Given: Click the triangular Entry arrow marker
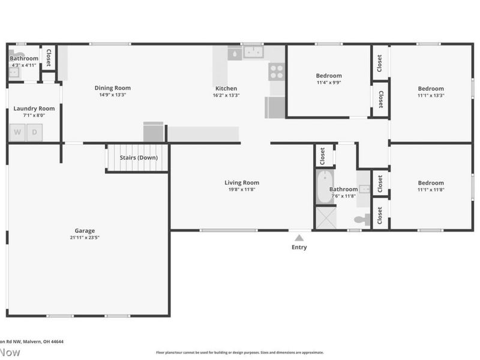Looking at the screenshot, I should point(299,238).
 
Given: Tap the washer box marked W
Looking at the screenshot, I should point(17,132).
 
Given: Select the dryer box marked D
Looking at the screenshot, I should point(35,132).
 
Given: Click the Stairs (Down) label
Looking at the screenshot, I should point(139,158).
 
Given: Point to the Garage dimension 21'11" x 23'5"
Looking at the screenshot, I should point(85,238).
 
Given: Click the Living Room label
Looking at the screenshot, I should point(242,183).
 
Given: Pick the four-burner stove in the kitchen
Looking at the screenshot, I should point(276,72).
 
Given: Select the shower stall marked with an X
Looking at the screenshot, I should point(326,218).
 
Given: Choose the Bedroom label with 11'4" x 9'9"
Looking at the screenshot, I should point(329,76).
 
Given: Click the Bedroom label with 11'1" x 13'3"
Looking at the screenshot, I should point(431,89).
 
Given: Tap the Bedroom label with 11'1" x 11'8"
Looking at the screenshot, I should point(431,183).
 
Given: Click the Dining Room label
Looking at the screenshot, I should point(113,88).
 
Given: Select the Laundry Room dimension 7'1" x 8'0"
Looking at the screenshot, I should point(34,115).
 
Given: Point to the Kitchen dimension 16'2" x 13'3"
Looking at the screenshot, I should point(226,95).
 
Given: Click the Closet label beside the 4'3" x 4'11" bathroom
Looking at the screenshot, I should point(49,59).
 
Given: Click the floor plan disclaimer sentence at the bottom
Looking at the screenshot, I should point(239,353).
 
